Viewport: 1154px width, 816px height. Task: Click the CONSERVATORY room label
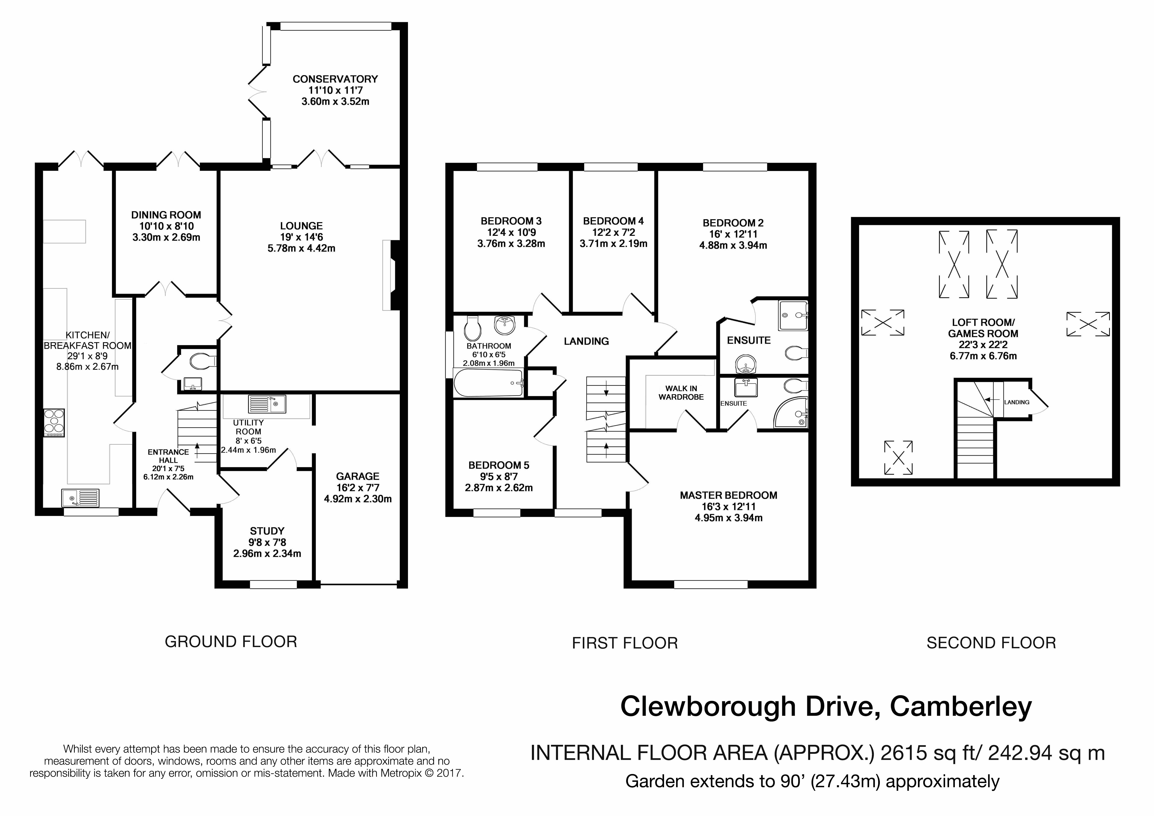pyautogui.click(x=335, y=79)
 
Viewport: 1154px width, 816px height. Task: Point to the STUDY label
pyautogui.click(x=267, y=531)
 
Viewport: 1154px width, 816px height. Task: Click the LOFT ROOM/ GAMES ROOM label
pyautogui.click(x=983, y=328)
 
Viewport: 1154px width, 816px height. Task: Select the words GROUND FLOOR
pyautogui.click(x=231, y=641)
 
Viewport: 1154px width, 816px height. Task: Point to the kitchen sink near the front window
pyautogui.click(x=81, y=498)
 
